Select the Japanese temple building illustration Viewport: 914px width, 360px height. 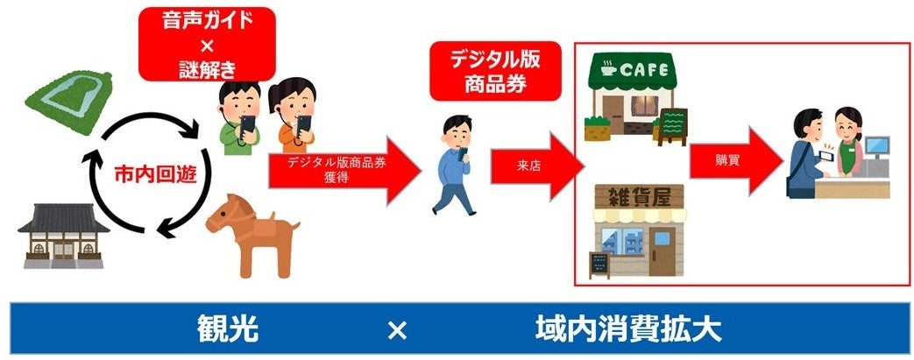coord(60,234)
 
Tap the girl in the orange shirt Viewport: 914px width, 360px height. coord(293,114)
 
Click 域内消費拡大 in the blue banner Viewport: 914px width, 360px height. coord(628,330)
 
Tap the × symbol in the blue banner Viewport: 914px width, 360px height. coord(396,330)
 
